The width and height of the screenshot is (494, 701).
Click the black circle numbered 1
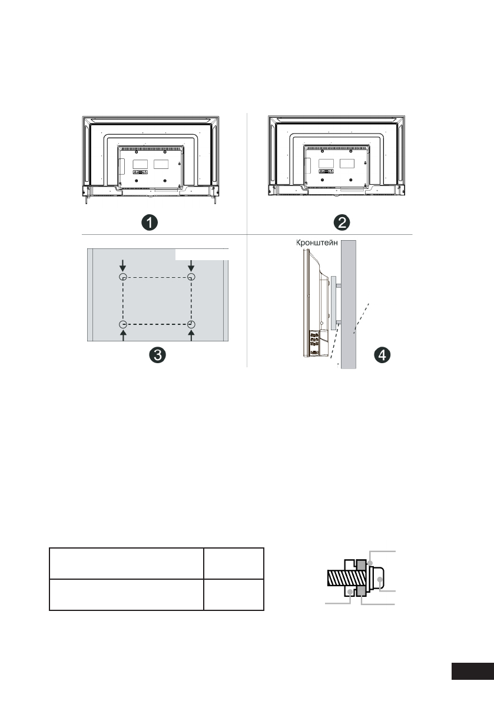point(150,222)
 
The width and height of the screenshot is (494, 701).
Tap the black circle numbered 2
point(343,222)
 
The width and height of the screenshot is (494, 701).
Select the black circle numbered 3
point(157,355)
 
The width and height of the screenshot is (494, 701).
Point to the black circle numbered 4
point(382,355)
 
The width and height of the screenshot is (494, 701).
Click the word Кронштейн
point(317,243)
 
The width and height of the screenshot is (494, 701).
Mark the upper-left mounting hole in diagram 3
point(124,277)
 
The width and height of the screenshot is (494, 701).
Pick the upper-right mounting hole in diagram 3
point(191,277)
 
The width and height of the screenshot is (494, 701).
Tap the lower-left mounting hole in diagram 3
point(124,324)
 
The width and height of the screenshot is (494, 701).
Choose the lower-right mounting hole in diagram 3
point(191,324)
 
